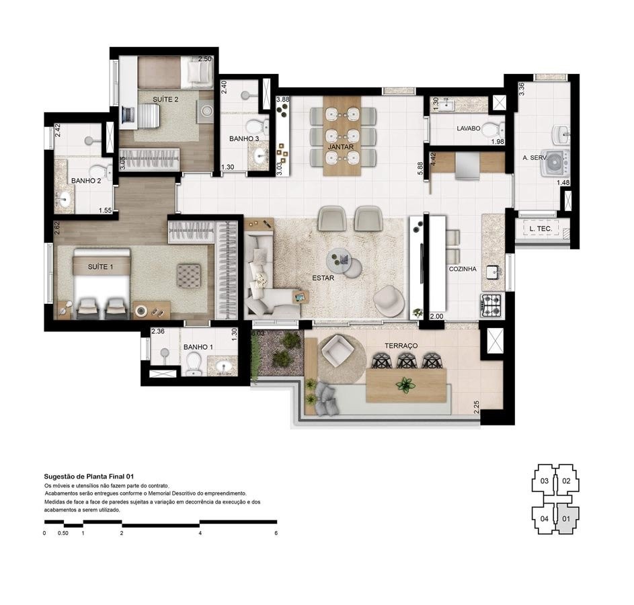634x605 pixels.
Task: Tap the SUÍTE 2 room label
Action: (165, 99)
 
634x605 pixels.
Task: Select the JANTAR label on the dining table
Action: (340, 146)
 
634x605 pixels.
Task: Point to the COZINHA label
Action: (463, 269)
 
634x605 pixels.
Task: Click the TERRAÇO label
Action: (401, 346)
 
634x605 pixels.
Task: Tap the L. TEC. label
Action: (541, 229)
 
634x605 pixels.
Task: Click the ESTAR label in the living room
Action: (323, 277)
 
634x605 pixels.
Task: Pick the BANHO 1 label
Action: (196, 347)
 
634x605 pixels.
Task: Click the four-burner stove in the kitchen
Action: (492, 306)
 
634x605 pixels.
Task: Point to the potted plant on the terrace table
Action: (405, 385)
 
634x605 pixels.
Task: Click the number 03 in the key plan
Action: (545, 481)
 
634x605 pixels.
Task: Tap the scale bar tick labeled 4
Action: (200, 533)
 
